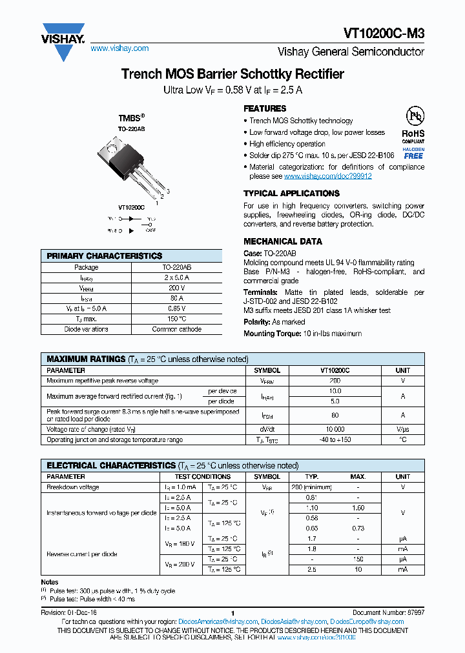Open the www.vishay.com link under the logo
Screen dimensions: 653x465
point(119,48)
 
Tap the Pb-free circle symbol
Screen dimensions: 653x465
point(414,117)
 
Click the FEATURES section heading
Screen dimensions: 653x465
point(265,108)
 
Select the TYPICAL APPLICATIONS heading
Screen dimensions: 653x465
point(291,194)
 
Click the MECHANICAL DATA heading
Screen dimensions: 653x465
point(282,241)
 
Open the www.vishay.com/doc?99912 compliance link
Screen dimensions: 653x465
point(327,176)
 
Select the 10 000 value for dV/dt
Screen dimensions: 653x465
point(335,429)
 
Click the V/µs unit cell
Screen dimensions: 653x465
point(402,429)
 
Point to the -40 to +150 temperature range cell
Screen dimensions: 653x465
point(335,439)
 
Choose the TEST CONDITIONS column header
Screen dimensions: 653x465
point(202,477)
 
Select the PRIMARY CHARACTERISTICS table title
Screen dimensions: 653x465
point(105,256)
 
